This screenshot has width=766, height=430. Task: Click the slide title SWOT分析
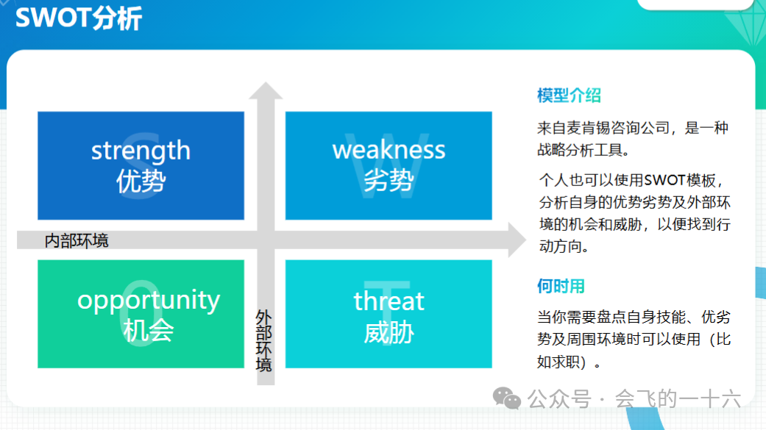(78, 19)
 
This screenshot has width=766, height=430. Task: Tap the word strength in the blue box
(141, 151)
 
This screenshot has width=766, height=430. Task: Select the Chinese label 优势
(141, 181)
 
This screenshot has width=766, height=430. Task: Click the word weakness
(389, 150)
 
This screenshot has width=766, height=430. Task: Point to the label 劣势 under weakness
(389, 180)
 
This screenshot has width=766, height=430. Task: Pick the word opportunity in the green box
(149, 301)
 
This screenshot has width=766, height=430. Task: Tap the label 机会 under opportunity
(148, 332)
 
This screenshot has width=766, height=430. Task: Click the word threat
(389, 301)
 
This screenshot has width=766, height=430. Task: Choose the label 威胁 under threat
(389, 332)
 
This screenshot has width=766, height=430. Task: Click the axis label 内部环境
(77, 240)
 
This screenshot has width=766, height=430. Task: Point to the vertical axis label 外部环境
(263, 340)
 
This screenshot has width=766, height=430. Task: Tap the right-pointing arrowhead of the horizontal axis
(517, 240)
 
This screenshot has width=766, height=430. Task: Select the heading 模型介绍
(569, 96)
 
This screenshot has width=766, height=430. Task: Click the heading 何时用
(561, 287)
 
